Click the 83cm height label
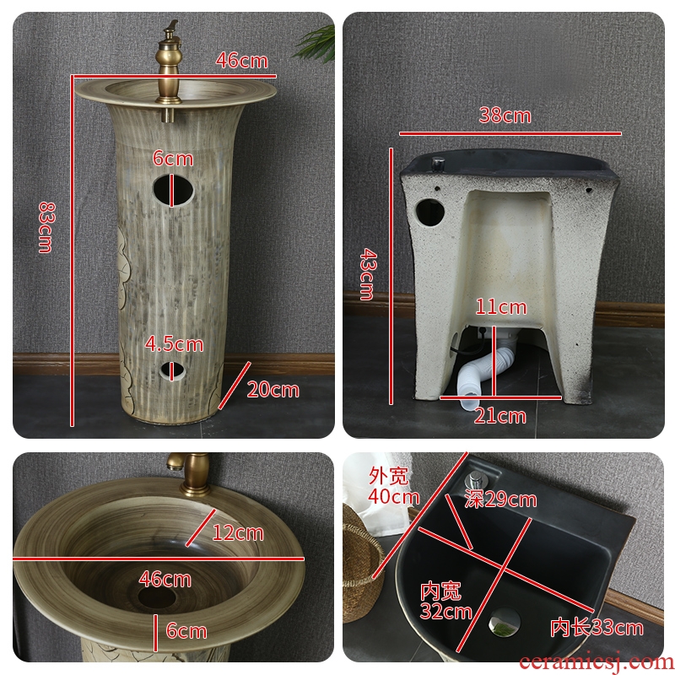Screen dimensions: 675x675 click(46, 227)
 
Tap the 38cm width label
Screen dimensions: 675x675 click(505, 116)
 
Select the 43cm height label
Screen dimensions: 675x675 click(368, 274)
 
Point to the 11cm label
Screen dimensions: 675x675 click(501, 307)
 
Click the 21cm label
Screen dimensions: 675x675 click(499, 416)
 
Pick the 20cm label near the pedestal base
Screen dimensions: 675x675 click(273, 390)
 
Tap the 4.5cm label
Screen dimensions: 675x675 click(174, 344)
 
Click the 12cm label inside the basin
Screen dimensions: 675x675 click(238, 533)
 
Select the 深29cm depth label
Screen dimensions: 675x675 click(500, 499)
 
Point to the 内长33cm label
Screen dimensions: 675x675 click(597, 627)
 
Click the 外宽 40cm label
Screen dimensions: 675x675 click(393, 486)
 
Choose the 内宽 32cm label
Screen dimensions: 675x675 click(445, 601)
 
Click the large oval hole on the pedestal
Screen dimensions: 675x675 click(174, 189)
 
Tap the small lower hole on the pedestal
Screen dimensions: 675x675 click(172, 371)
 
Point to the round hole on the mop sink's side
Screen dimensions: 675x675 click(430, 213)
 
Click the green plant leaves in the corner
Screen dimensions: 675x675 click(316, 43)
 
